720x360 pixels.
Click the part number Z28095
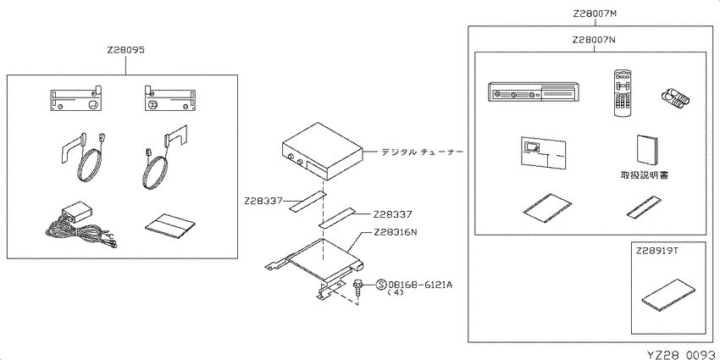coord(126,51)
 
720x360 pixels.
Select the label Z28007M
coord(594,14)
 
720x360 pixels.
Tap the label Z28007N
coord(594,40)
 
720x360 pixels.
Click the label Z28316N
coord(396,232)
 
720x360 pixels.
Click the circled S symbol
coord(381,285)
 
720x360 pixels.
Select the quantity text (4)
coord(396,292)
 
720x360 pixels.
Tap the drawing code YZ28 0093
coord(683,355)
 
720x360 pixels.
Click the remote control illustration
coord(623,93)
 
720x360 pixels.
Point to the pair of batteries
coord(675,97)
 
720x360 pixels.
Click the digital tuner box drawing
coord(322,151)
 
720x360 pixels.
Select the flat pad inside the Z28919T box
coord(669,296)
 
